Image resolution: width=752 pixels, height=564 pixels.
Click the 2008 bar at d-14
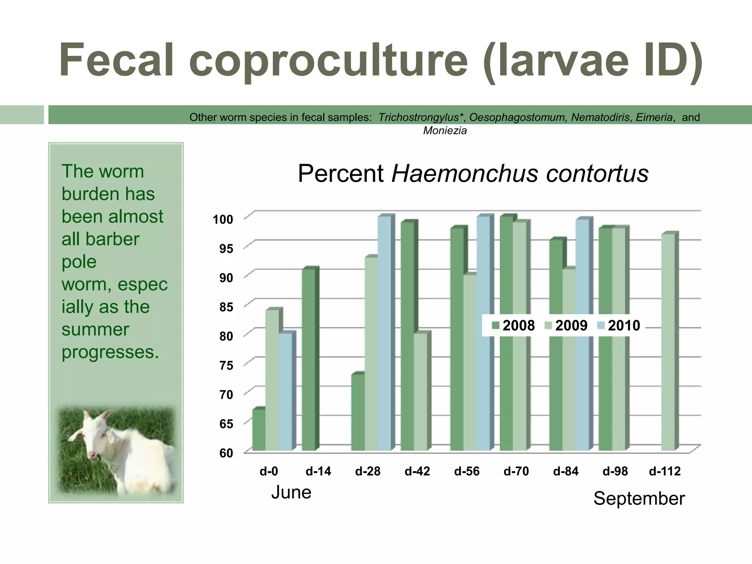308,360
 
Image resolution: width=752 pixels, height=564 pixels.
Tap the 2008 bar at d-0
259,430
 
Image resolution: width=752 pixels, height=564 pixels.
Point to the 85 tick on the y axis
226,307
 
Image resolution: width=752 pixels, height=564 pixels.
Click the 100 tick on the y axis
223,220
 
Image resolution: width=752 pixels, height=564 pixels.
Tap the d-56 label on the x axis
467,471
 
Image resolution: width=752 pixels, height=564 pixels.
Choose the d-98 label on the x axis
615,471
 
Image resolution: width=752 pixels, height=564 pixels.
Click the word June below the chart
291,492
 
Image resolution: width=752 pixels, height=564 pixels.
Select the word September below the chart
639,499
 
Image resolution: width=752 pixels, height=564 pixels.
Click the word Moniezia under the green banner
445,131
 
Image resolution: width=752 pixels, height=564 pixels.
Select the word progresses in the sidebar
110,352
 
